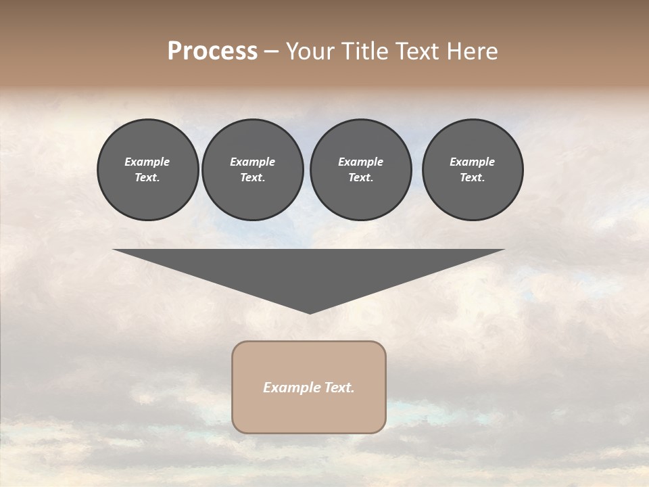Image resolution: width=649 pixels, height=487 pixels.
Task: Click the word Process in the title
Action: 212,51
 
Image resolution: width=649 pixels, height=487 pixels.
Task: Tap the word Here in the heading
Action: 471,51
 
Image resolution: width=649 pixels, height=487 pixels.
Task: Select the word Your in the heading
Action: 312,51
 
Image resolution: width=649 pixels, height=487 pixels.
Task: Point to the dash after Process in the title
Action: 271,52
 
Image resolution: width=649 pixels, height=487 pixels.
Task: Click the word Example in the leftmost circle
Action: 147,162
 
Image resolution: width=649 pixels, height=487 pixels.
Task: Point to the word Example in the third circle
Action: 360,162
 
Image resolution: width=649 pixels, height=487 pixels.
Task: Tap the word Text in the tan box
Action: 339,388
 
